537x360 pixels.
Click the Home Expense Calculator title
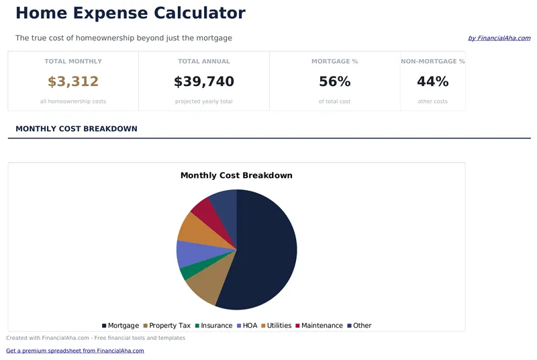(x=130, y=13)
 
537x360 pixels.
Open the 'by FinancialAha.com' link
(x=499, y=38)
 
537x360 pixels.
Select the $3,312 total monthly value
(x=73, y=82)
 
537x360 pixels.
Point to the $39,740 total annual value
(x=203, y=82)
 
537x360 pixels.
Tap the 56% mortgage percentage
(x=334, y=82)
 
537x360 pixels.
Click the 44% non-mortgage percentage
(x=432, y=82)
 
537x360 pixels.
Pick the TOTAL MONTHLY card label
(x=73, y=61)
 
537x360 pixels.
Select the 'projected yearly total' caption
(x=203, y=101)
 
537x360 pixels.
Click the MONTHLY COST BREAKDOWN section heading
(x=76, y=129)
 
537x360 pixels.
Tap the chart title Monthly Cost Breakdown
(x=236, y=175)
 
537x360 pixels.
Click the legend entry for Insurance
(x=213, y=326)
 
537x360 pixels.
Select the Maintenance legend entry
(x=318, y=326)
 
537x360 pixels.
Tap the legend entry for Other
(x=358, y=326)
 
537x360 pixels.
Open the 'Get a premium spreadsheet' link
(x=75, y=351)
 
